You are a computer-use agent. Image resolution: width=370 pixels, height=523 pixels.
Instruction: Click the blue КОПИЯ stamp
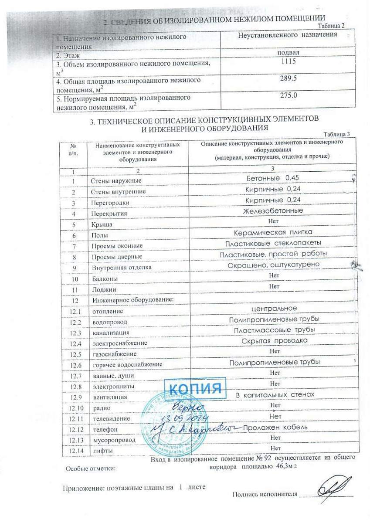click(194, 387)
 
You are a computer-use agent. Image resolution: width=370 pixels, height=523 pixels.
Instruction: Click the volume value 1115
click(289, 61)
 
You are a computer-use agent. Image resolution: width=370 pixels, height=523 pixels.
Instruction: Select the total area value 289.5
click(289, 78)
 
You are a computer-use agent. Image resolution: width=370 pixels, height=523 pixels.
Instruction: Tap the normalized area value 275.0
click(289, 95)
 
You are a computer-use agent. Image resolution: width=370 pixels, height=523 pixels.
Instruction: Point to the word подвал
click(288, 53)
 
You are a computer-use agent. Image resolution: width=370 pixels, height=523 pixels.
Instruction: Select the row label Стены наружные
click(116, 181)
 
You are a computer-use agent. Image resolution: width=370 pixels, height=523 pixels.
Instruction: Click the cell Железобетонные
click(273, 211)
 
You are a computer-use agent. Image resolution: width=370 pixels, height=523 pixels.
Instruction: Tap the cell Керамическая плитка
click(273, 232)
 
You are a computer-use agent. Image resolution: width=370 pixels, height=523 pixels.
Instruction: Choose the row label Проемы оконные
click(117, 246)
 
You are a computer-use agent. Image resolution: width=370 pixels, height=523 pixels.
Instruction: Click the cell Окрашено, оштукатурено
click(273, 265)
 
